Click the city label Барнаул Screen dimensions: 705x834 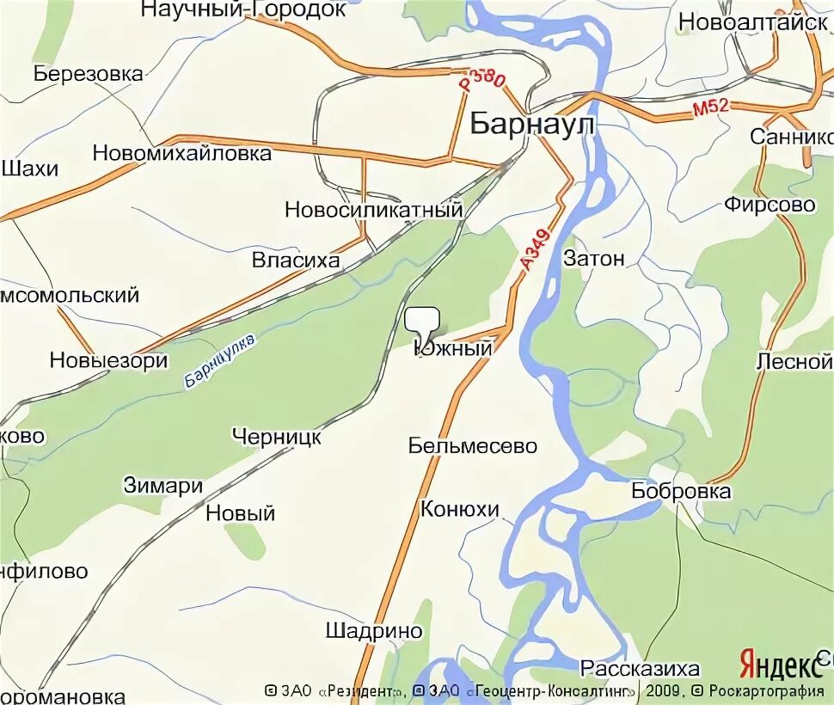pyautogui.click(x=532, y=125)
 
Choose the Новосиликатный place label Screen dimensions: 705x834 pyautogui.click(x=373, y=210)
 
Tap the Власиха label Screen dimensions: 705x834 pyautogui.click(x=296, y=260)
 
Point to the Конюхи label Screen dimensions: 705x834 pyautogui.click(x=459, y=509)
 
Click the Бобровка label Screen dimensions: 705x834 pyautogui.click(x=680, y=491)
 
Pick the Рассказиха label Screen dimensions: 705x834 pyautogui.click(x=640, y=668)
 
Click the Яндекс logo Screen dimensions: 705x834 pyautogui.click(x=780, y=665)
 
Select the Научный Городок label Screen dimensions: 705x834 pyautogui.click(x=243, y=9)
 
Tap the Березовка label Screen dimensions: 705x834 pyautogui.click(x=89, y=73)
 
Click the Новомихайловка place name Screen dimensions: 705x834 pyautogui.click(x=181, y=154)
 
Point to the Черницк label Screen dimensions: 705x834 pyautogui.click(x=276, y=436)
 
